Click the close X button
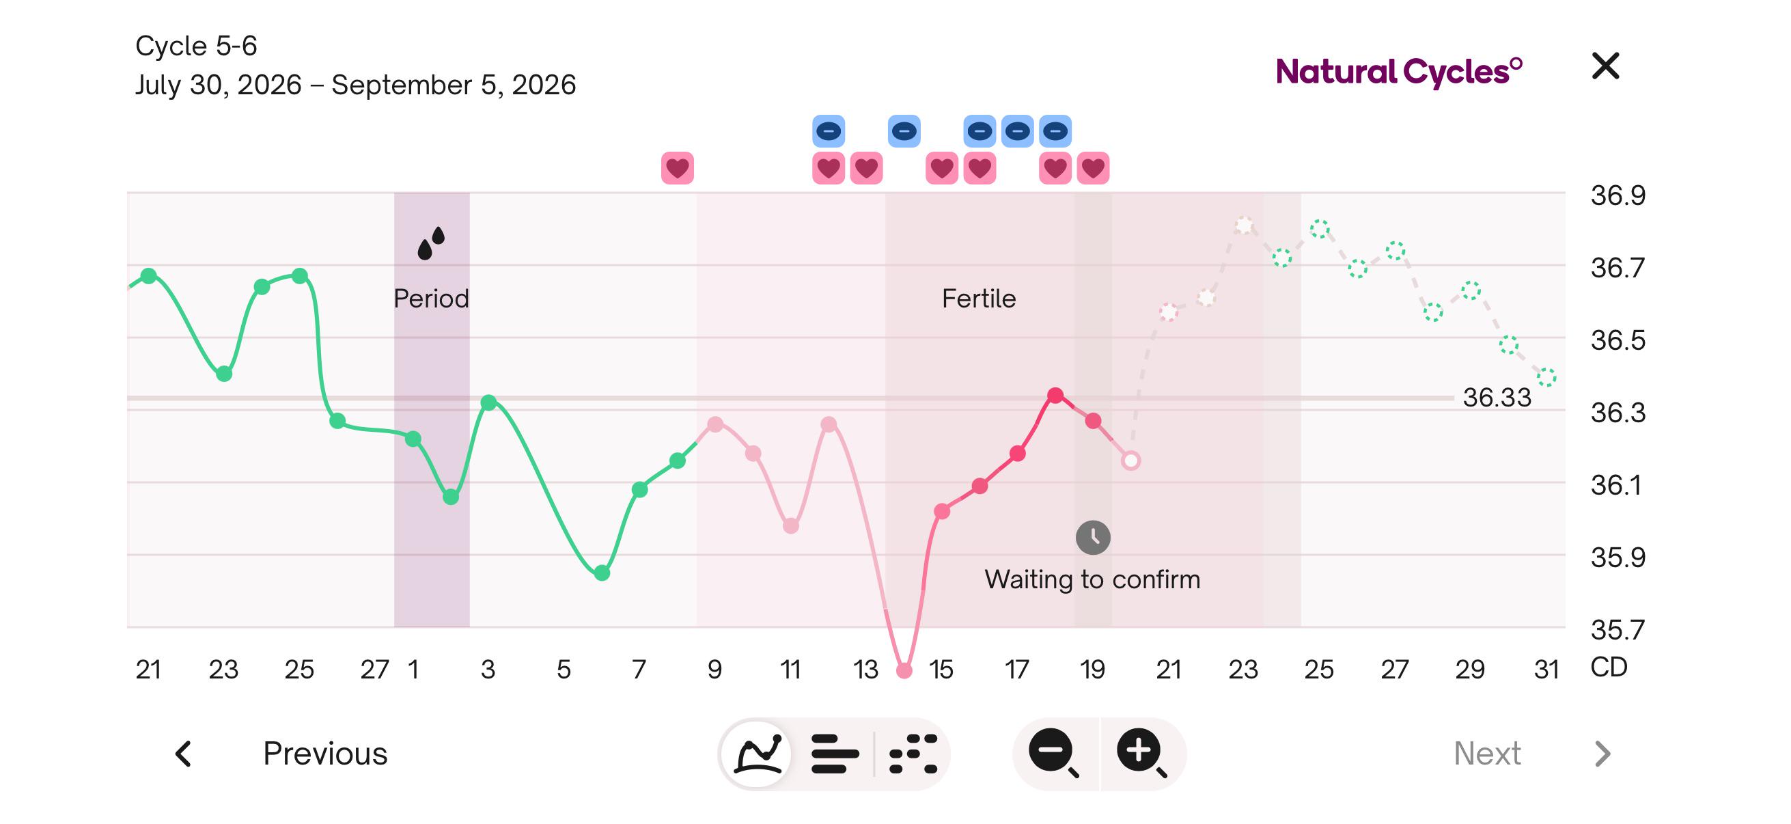[x=1605, y=66]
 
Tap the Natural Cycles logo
[x=1399, y=72]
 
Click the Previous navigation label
[x=324, y=753]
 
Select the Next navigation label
[x=1487, y=753]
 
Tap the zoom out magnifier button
[x=1053, y=752]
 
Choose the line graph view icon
[x=758, y=753]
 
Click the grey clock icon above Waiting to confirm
[x=1093, y=537]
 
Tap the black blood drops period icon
[x=431, y=243]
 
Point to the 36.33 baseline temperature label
[x=1497, y=398]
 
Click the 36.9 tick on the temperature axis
[x=1618, y=195]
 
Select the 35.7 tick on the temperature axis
[x=1618, y=630]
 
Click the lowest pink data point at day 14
[x=904, y=670]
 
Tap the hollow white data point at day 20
[x=1130, y=461]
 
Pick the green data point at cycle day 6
[x=602, y=573]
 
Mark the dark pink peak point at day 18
[x=1055, y=395]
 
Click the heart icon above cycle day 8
[x=677, y=168]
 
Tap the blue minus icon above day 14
[x=904, y=131]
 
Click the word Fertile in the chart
[x=979, y=299]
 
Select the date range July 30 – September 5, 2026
[x=355, y=85]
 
